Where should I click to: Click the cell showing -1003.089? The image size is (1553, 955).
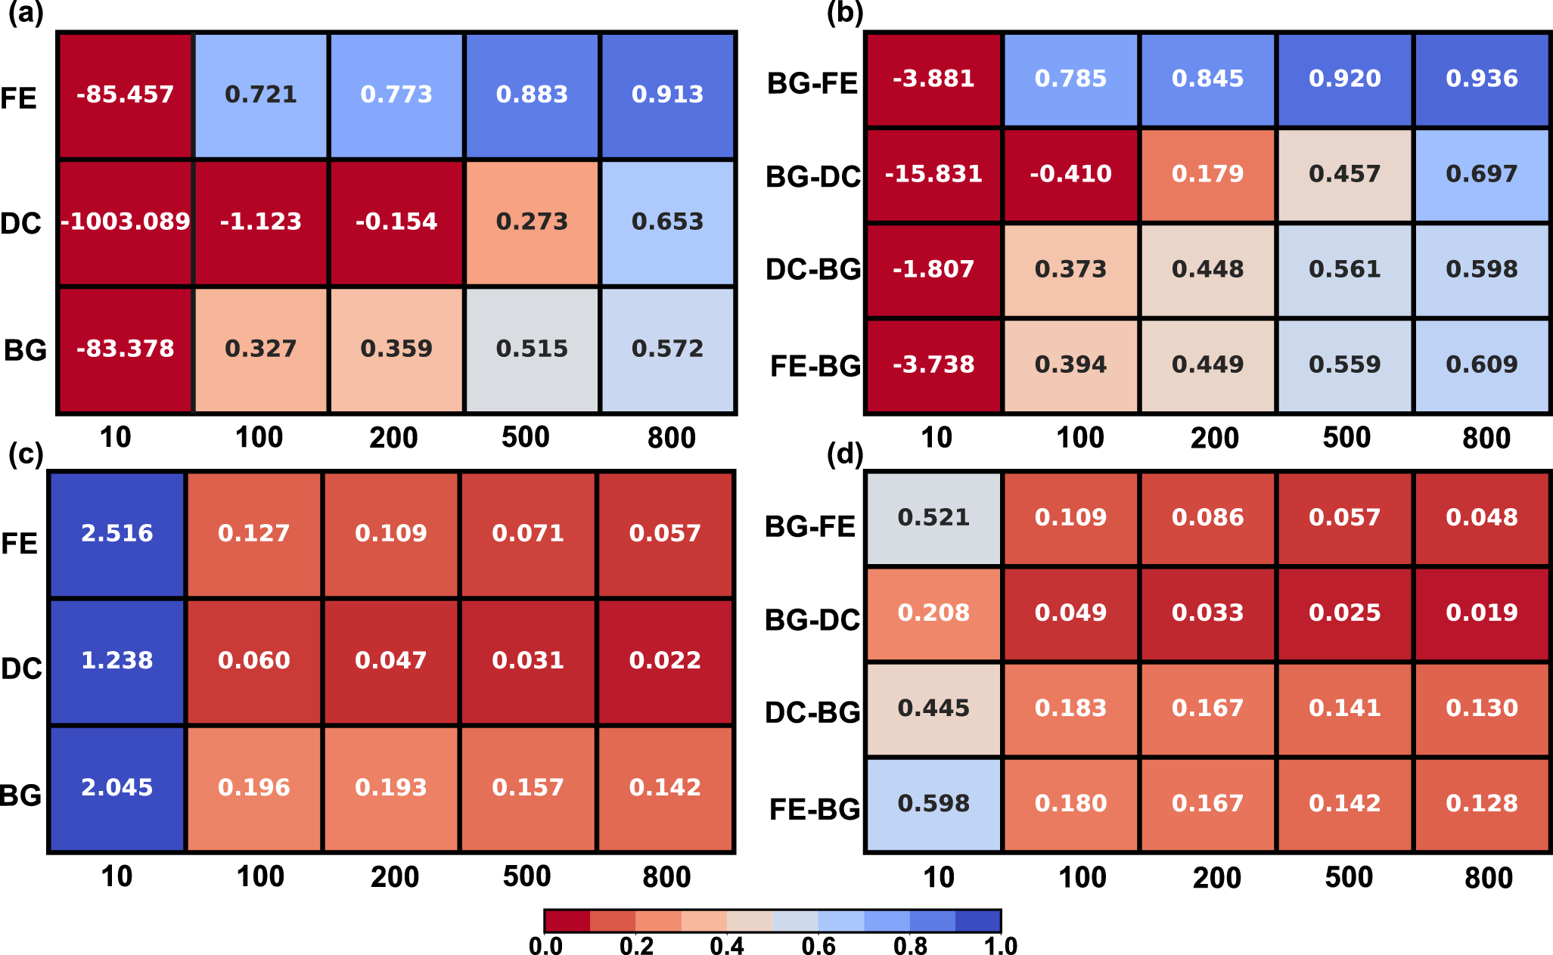click(x=126, y=222)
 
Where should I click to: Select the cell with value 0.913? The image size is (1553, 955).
click(x=667, y=95)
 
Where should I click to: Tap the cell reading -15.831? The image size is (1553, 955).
click(x=933, y=174)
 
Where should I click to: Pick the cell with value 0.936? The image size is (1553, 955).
click(x=1481, y=79)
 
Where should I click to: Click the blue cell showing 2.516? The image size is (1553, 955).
click(x=117, y=533)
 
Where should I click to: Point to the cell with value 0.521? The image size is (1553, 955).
click(x=933, y=518)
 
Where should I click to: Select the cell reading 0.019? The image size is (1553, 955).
click(x=1481, y=612)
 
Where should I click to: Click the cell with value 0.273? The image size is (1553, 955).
click(x=532, y=222)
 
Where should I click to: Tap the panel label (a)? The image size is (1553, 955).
click(x=26, y=14)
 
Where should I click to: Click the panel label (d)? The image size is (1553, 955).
click(x=845, y=454)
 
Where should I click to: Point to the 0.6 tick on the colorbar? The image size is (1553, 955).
click(x=818, y=945)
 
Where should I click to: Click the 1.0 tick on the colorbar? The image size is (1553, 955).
click(x=1000, y=945)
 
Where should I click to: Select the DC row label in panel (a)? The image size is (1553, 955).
click(x=21, y=223)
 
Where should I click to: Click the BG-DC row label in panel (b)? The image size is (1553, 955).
click(x=812, y=177)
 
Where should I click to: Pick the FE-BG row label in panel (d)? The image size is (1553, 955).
click(x=814, y=810)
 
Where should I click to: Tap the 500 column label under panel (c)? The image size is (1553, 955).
click(x=526, y=876)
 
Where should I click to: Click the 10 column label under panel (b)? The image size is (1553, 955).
click(x=936, y=438)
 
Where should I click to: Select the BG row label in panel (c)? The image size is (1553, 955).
click(x=21, y=795)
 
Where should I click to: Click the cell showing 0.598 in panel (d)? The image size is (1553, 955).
click(x=933, y=804)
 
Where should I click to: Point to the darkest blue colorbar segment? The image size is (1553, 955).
click(x=977, y=920)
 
